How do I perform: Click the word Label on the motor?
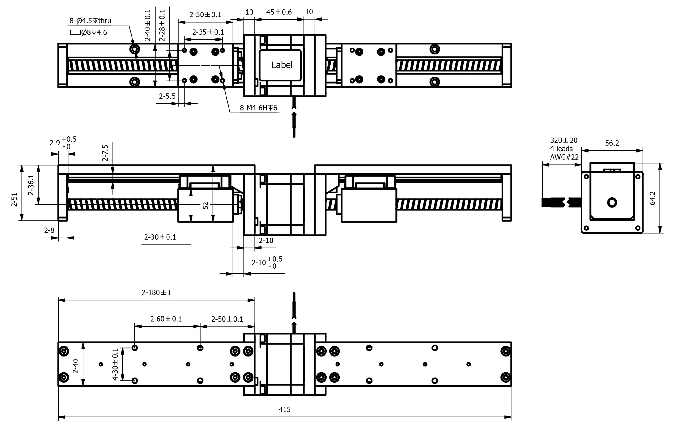coord(282,65)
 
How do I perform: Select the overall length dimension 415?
coord(285,410)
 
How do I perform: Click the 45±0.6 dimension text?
coord(279,12)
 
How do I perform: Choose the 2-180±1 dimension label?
coord(156,293)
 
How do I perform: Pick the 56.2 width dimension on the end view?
coord(612,143)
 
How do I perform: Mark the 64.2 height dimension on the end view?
coord(653,198)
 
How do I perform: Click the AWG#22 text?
coord(564,157)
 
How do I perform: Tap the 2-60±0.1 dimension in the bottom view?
coord(166,319)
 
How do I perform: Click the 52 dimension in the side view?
coord(206,205)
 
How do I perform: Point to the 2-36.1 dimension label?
coord(31,185)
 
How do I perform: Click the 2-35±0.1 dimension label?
coord(208,32)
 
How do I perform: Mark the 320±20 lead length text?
coord(564,140)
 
